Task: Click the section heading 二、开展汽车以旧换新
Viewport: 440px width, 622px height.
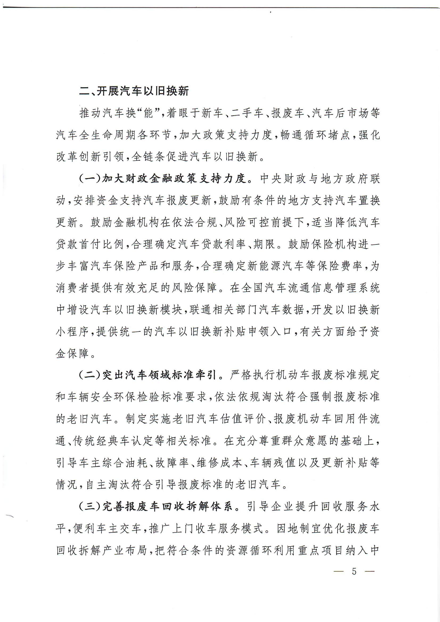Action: (134, 91)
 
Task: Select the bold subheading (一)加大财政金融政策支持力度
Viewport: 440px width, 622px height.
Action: (163, 179)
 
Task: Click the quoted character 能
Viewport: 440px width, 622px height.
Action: (149, 113)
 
